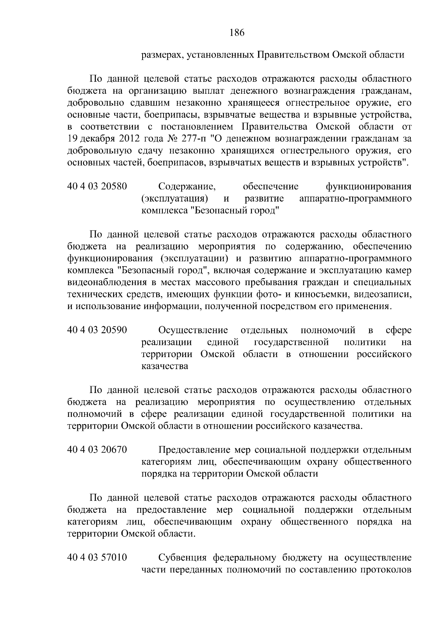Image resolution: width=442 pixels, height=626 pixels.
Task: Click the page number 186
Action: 237,33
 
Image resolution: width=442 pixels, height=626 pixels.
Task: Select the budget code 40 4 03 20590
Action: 97,330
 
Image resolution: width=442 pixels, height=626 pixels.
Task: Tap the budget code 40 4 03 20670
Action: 97,450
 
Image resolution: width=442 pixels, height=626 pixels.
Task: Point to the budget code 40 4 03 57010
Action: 97,557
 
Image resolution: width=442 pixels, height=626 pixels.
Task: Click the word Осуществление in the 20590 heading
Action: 193,330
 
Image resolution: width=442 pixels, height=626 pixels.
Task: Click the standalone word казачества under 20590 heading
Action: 165,366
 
